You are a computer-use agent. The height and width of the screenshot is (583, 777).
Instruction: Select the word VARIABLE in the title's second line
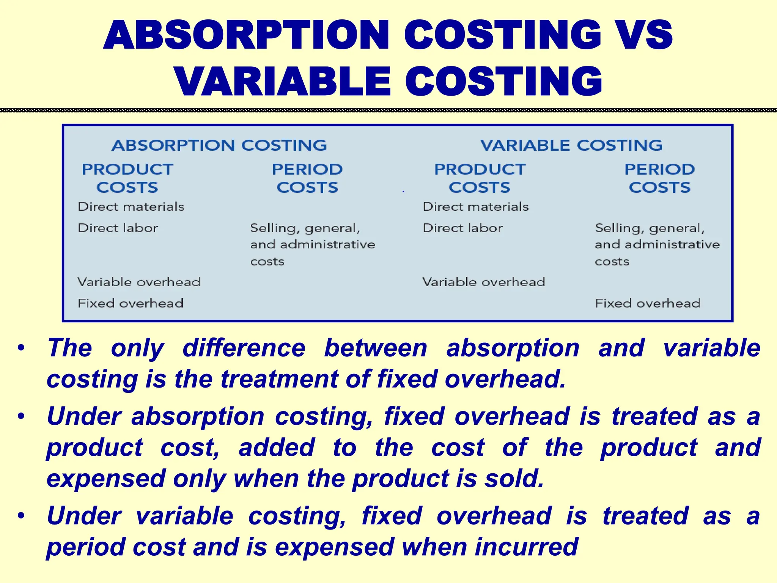pyautogui.click(x=283, y=82)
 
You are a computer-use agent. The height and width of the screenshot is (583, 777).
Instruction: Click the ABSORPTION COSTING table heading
pyautogui.click(x=219, y=145)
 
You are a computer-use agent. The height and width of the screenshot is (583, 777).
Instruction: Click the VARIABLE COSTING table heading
pyautogui.click(x=571, y=145)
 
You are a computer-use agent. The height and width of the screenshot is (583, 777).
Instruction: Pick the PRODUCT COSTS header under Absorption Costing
pyautogui.click(x=127, y=178)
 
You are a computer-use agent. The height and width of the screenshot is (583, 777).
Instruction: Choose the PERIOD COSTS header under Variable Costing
pyautogui.click(x=659, y=178)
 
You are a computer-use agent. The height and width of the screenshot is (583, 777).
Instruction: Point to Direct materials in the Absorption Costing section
pyautogui.click(x=131, y=207)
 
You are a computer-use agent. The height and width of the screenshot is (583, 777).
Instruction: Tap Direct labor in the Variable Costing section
pyautogui.click(x=462, y=228)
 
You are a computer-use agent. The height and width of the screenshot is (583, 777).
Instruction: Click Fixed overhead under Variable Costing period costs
pyautogui.click(x=647, y=303)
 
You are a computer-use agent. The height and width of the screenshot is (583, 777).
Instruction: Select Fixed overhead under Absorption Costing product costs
pyautogui.click(x=131, y=303)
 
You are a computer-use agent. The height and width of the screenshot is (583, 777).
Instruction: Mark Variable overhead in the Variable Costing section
pyautogui.click(x=483, y=282)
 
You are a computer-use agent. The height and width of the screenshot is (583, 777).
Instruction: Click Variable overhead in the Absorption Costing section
pyautogui.click(x=139, y=282)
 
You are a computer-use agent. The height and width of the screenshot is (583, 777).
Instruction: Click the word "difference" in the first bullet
pyautogui.click(x=244, y=348)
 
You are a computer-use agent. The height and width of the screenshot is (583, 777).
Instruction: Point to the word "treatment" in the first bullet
pyautogui.click(x=279, y=379)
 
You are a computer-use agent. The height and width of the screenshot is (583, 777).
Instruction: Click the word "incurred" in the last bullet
pyautogui.click(x=526, y=547)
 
